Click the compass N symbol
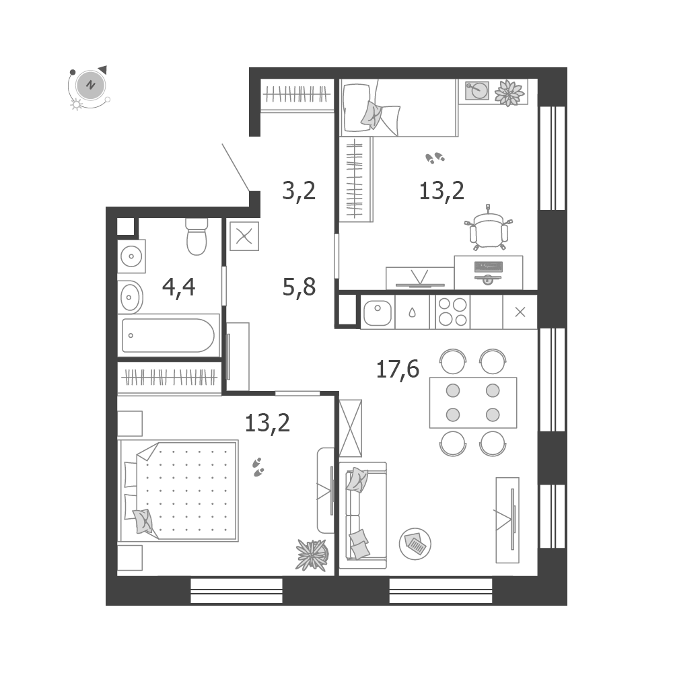tap(90, 85)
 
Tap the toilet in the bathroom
tap(197, 236)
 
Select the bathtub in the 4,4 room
tap(168, 335)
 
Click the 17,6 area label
tap(398, 369)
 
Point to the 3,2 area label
tap(299, 190)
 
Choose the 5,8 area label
tap(299, 287)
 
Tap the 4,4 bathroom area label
tap(178, 287)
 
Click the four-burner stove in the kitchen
tap(452, 312)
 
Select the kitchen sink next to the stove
tap(378, 312)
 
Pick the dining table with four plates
tap(473, 402)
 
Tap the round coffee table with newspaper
tap(415, 543)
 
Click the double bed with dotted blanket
tap(178, 491)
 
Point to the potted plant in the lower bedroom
tap(312, 555)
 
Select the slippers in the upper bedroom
tap(435, 157)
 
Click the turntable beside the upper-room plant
tap(477, 90)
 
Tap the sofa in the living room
tap(363, 516)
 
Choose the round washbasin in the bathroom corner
tap(131, 256)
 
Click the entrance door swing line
tap(236, 168)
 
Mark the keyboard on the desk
tap(489, 267)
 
